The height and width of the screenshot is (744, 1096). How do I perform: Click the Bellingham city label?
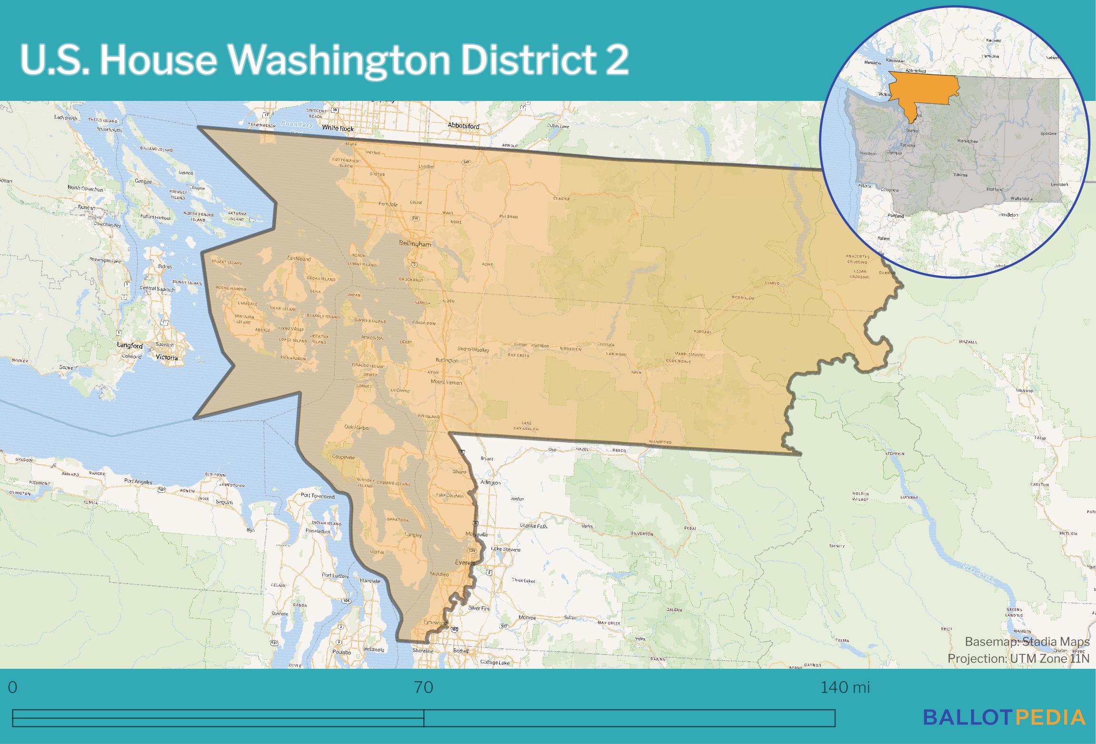[x=415, y=244]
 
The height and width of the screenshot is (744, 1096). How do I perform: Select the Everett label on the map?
[x=465, y=563]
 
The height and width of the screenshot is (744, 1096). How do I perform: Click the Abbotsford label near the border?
[x=463, y=126]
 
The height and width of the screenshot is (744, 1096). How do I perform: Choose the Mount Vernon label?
[x=446, y=382]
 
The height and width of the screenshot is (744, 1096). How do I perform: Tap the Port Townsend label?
[x=318, y=496]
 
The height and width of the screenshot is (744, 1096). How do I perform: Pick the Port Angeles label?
[x=138, y=482]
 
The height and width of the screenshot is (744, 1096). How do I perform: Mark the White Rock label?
[x=338, y=128]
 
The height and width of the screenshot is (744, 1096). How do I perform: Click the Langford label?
[x=130, y=346]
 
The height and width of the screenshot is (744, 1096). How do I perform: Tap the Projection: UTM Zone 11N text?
[x=1018, y=659]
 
